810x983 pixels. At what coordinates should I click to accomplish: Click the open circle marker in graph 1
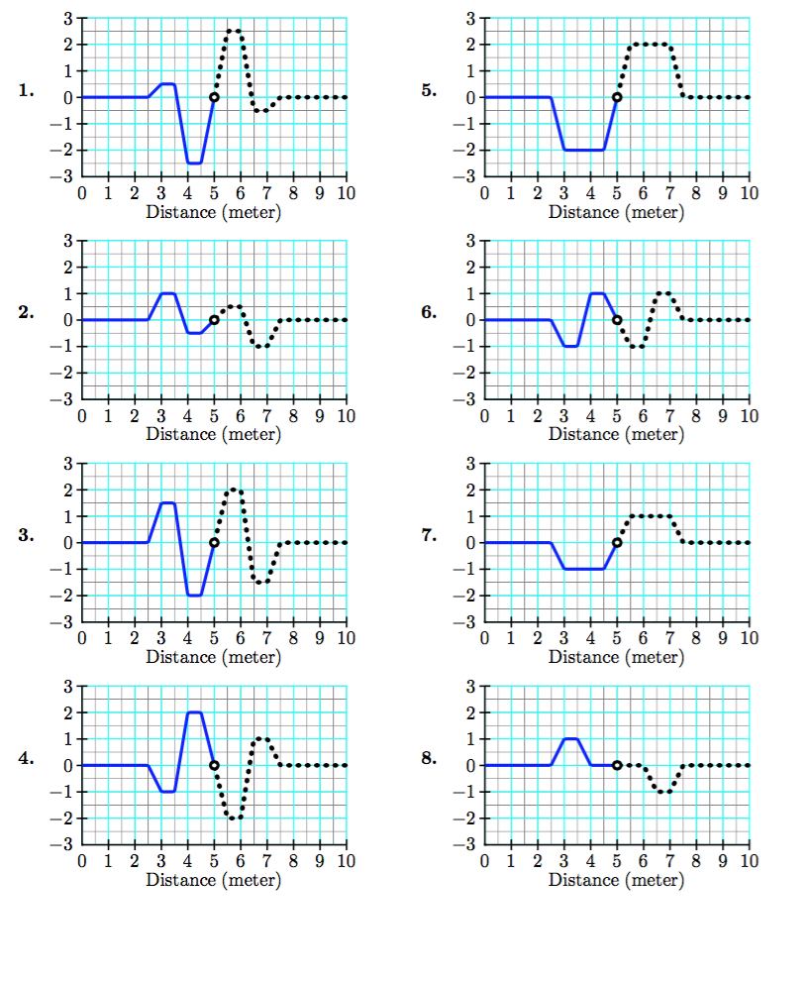pos(214,97)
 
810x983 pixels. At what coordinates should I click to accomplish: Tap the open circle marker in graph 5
pos(617,97)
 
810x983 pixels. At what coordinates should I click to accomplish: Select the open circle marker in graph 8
pos(617,765)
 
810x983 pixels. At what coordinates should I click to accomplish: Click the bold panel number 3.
pos(27,536)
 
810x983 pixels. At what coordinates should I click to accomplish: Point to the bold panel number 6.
pos(429,313)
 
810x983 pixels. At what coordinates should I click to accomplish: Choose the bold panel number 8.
pos(429,759)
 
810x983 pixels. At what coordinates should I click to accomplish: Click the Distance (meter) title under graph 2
pos(214,434)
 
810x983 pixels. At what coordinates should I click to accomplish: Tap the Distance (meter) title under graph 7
pos(617,657)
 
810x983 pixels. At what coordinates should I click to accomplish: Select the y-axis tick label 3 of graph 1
pos(67,18)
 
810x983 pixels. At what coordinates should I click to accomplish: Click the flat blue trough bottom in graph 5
pos(584,150)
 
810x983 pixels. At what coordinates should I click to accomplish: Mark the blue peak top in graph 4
pos(194,712)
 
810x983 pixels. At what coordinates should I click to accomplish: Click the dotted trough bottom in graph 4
pos(234,818)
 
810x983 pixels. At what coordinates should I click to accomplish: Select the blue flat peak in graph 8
pos(570,738)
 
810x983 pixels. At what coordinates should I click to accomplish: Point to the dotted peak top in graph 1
pos(234,31)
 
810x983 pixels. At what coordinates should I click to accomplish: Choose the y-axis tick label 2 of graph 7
pos(470,490)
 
